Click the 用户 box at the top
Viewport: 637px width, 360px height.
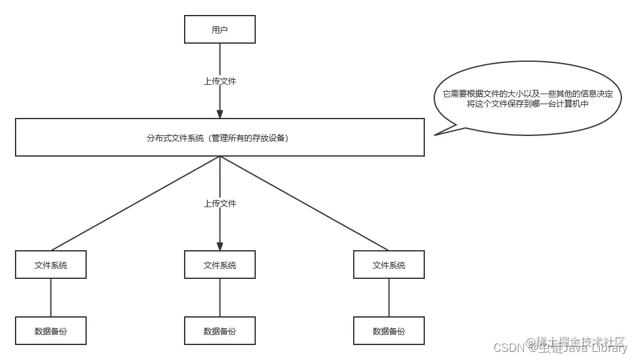[x=220, y=30]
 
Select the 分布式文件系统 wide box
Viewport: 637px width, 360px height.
[x=220, y=138]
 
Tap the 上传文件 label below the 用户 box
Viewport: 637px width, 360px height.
[x=220, y=81]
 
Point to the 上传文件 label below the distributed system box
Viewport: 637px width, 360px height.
[x=220, y=203]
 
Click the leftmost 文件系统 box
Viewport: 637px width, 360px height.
[x=51, y=265]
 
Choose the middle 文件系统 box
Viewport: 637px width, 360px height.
[x=220, y=265]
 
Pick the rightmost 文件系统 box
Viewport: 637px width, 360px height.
[x=389, y=265]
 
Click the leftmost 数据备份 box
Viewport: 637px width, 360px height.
[x=51, y=331]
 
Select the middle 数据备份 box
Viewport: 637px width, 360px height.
[x=220, y=331]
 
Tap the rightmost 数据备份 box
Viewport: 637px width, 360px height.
[x=389, y=331]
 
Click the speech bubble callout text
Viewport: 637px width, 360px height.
[x=527, y=99]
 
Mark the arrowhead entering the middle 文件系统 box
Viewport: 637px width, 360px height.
[x=220, y=245]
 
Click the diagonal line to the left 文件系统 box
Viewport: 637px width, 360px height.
[x=135, y=203]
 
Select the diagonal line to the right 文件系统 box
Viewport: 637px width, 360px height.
[x=304, y=203]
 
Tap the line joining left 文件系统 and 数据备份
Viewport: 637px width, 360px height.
[x=51, y=298]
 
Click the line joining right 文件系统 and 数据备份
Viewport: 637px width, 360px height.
[x=389, y=298]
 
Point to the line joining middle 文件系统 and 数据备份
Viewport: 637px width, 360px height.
[x=220, y=298]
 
